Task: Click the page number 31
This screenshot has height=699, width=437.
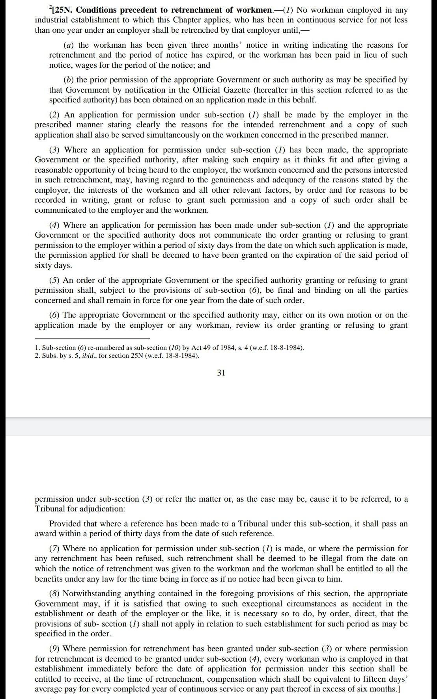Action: [221, 373]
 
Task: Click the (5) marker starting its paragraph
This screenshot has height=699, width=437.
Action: [54, 281]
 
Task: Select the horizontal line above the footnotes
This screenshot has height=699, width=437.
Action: [92, 338]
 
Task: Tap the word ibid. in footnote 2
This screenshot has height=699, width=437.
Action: [89, 356]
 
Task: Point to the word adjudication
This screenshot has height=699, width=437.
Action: [102, 509]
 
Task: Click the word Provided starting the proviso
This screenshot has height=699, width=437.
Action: [64, 524]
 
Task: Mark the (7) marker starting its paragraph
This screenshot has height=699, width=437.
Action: [54, 549]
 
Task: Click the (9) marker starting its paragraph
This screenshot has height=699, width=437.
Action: [54, 649]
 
